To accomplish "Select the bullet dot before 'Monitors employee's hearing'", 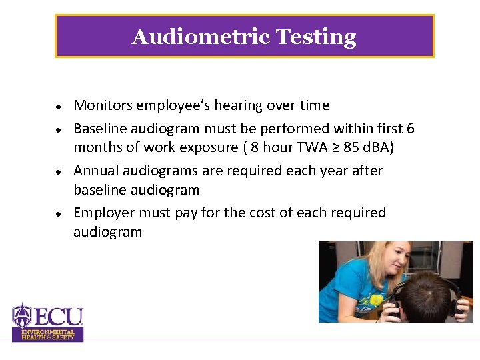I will click(59, 107).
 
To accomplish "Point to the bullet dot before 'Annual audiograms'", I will click(59, 172).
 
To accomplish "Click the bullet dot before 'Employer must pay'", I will click(59, 214).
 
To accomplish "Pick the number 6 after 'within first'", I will click(410, 128).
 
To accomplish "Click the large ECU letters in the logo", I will click(56, 316).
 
